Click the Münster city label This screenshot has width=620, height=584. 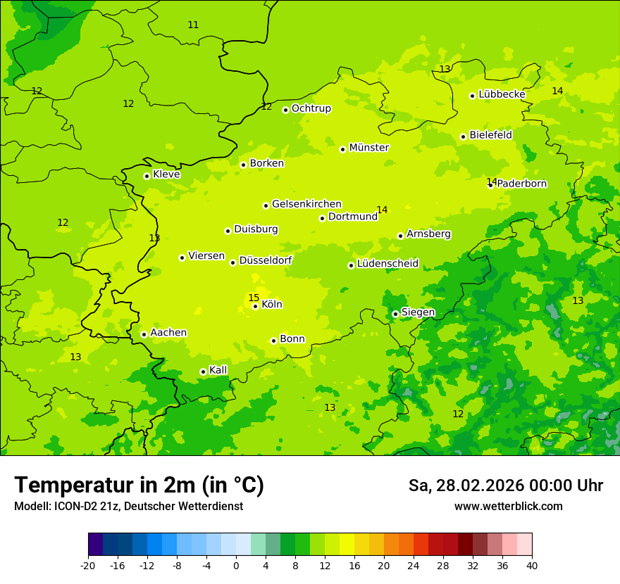pos(369,148)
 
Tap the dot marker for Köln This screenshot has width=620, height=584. pos(255,306)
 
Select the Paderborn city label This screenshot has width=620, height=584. pos(522,184)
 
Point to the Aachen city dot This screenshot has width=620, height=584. pos(144,334)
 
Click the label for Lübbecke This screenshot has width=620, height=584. pos(502,94)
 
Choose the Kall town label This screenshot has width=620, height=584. pos(218,370)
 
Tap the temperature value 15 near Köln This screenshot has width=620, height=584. pos(254,298)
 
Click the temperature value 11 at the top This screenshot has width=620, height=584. pos(193,25)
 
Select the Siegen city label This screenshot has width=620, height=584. pos(418,312)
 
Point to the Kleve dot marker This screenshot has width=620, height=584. pos(147,176)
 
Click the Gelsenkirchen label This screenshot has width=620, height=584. pos(306,204)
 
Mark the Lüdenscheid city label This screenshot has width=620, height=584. pos(387,264)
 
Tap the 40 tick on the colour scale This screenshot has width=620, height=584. pos(531,566)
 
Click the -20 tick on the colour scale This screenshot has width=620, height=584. pos(88,566)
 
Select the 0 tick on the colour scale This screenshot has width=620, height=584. pos(236,566)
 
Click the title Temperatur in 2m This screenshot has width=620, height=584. pos(139,485)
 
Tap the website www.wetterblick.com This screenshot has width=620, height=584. pos(508,506)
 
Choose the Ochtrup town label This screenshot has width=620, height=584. pos(311,108)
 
